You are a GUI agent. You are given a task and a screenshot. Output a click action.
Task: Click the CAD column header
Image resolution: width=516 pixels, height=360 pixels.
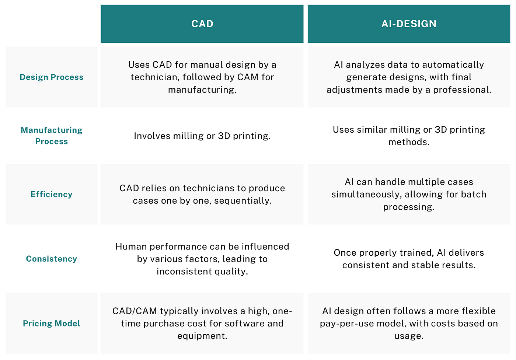[x=202, y=24]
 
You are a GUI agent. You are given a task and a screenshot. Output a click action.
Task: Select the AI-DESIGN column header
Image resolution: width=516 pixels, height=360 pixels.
[x=409, y=24]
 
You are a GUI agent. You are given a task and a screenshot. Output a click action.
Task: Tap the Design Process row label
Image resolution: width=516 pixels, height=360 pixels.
[x=51, y=77]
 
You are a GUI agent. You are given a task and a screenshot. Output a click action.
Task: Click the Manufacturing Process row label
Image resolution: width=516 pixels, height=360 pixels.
[x=51, y=136]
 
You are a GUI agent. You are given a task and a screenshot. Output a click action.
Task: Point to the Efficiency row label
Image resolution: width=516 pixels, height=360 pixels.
[x=51, y=195]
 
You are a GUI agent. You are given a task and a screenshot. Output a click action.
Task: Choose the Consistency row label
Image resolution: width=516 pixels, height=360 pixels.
[x=51, y=259]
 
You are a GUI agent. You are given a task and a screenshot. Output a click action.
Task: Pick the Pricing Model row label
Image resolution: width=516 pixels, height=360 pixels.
[x=51, y=324]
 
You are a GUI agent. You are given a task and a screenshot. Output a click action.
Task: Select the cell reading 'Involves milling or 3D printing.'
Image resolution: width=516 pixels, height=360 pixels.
[x=202, y=136]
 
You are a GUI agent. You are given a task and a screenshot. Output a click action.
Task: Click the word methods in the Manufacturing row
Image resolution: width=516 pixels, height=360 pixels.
[x=409, y=142]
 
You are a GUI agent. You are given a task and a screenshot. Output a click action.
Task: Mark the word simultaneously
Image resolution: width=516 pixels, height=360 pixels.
[x=366, y=195]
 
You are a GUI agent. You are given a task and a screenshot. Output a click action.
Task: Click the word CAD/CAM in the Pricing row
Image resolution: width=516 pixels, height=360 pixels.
[x=135, y=311]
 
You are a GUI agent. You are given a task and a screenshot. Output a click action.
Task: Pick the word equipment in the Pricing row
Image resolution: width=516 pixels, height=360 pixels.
[x=202, y=336]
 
